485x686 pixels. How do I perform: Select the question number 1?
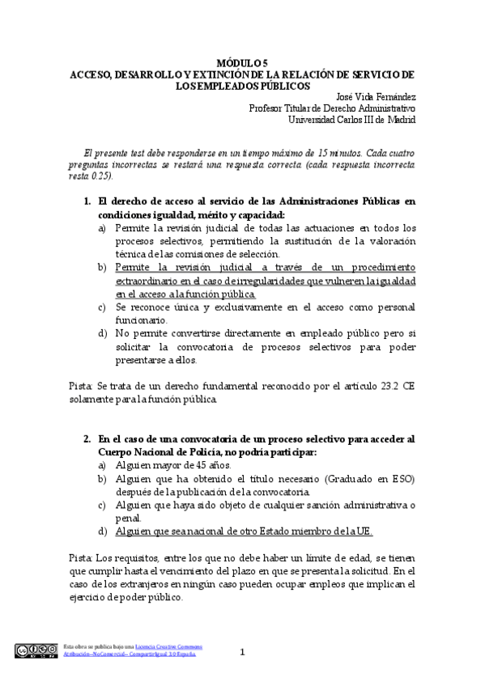click(87, 200)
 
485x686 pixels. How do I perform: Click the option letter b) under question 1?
click(102, 266)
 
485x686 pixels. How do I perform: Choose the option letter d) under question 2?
click(102, 531)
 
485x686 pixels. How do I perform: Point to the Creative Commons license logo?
click(36, 650)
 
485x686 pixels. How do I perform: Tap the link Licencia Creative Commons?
click(175, 646)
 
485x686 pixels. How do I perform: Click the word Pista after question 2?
click(80, 557)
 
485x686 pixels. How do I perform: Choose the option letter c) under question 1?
click(102, 307)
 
